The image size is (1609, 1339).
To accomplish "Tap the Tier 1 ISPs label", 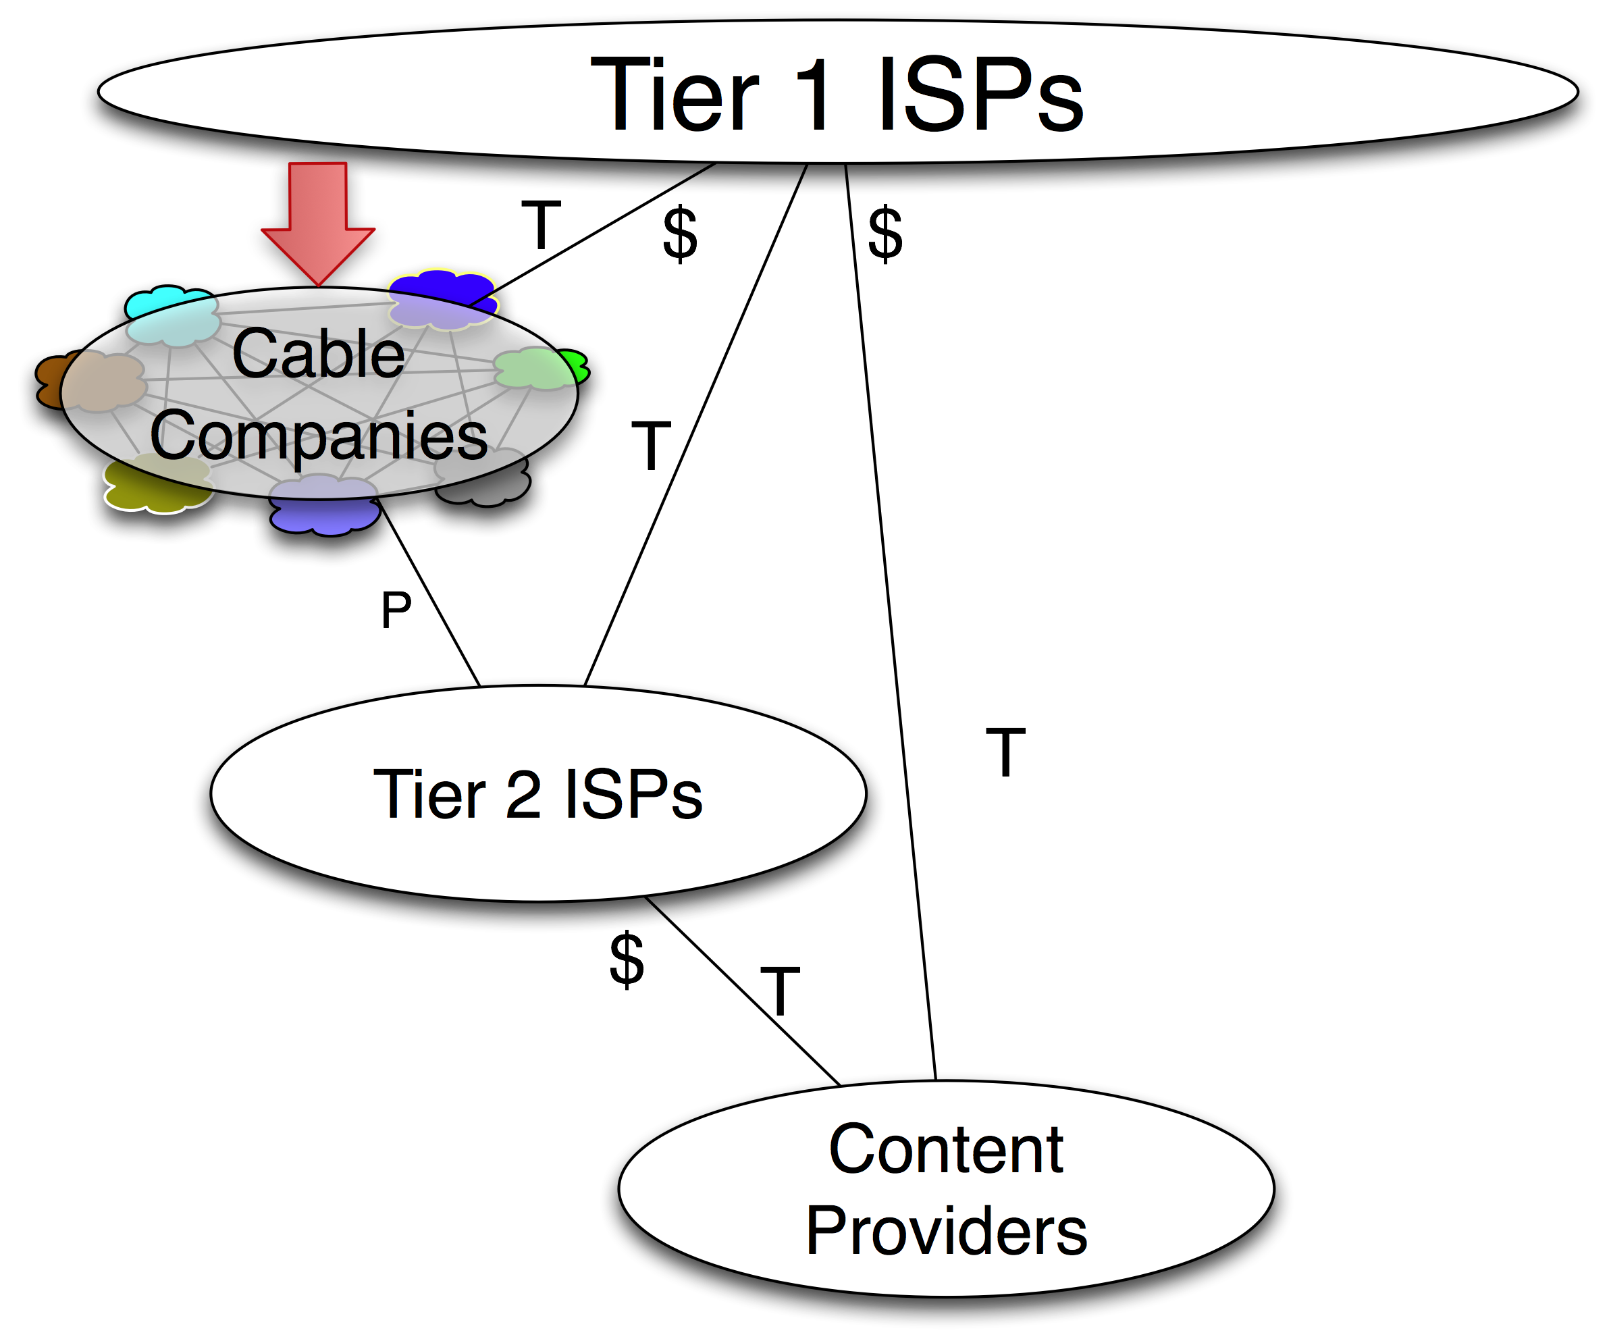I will pos(837,96).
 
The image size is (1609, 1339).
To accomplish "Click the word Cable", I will pos(318,354).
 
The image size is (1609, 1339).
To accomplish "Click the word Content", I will pos(945,1150).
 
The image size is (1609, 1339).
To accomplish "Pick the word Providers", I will pos(945,1231).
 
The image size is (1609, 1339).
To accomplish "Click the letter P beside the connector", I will pos(396,610).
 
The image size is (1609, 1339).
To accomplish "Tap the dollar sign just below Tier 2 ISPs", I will pos(627,959).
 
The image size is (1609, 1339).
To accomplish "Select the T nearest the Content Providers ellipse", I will pos(780,991).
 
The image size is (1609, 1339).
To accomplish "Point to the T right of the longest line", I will pos(1005,752).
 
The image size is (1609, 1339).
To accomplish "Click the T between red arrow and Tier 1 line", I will pos(541,224).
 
